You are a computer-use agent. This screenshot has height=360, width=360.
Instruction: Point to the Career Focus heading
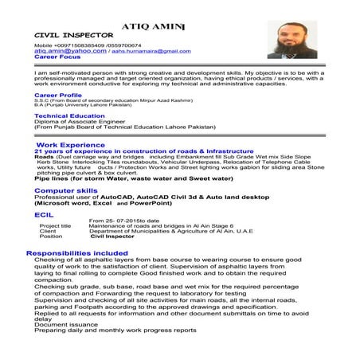pos(57,57)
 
